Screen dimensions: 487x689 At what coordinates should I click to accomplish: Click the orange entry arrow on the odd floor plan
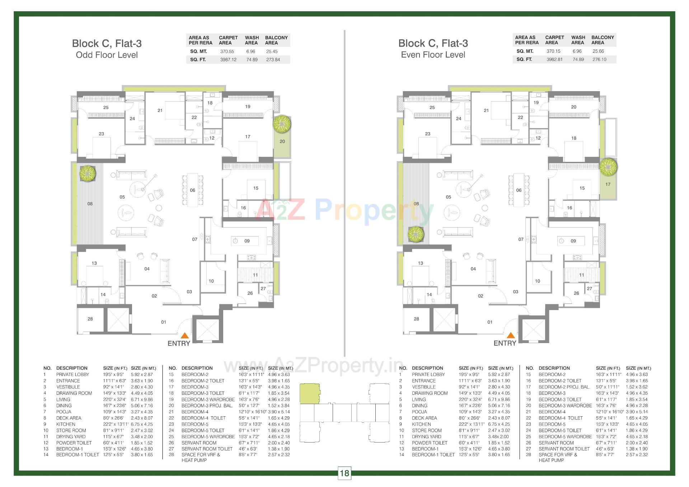pyautogui.click(x=184, y=336)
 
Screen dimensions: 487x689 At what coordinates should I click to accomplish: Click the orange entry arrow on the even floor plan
pyautogui.click(x=511, y=336)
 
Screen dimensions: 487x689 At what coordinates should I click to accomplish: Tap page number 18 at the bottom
pyautogui.click(x=344, y=473)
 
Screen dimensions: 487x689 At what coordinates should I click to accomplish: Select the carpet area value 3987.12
pyautogui.click(x=228, y=60)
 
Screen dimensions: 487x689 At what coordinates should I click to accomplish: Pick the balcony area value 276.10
pyautogui.click(x=599, y=59)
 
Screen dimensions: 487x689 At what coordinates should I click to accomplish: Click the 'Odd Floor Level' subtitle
pyautogui.click(x=107, y=55)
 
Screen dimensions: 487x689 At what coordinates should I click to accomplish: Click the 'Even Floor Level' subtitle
pyautogui.click(x=433, y=55)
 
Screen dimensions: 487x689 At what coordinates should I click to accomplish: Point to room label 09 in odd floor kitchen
pyautogui.click(x=247, y=241)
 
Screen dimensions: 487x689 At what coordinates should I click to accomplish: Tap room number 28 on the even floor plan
pyautogui.click(x=416, y=319)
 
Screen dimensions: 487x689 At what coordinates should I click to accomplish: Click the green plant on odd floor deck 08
pyautogui.click(x=87, y=174)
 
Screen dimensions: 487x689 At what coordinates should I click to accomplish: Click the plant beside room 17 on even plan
pyautogui.click(x=608, y=167)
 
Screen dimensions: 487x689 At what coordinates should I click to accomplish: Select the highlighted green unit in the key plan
pyautogui.click(x=309, y=393)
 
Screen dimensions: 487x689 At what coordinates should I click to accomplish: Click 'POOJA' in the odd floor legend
pyautogui.click(x=64, y=412)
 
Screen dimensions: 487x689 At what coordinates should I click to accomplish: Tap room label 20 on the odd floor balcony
pyautogui.click(x=282, y=141)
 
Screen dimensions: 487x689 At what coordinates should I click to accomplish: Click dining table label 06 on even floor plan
pyautogui.click(x=519, y=190)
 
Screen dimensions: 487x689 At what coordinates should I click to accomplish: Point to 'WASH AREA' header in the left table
pyautogui.click(x=252, y=40)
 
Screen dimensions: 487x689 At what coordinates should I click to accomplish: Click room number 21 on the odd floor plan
pyautogui.click(x=160, y=111)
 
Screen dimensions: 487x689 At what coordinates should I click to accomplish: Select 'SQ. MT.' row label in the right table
pyautogui.click(x=525, y=51)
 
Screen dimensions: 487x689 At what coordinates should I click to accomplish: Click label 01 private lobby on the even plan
pyautogui.click(x=489, y=322)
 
